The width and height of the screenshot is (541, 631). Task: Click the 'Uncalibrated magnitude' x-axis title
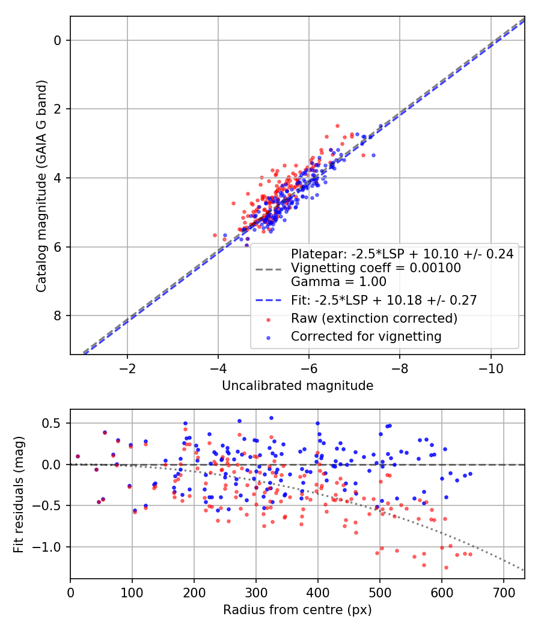(298, 386)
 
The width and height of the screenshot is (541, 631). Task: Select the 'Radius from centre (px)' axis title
(298, 610)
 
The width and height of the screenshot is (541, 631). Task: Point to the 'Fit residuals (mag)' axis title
(19, 494)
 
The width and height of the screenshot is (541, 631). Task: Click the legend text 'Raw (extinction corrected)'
(374, 318)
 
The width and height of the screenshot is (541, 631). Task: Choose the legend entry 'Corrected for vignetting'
(366, 337)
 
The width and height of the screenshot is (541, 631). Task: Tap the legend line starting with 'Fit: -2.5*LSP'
(384, 300)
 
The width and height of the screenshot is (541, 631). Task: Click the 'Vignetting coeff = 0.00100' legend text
(376, 268)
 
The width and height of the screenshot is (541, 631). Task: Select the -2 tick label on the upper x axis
(127, 368)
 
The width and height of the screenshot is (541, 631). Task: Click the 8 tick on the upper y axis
(57, 316)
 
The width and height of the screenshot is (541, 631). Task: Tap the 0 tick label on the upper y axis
(57, 40)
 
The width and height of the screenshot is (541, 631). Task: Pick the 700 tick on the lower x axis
(503, 592)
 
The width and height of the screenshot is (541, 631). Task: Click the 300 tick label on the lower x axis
(256, 592)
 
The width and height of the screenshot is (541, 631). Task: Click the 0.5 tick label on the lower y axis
(53, 423)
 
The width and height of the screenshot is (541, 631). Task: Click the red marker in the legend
(268, 319)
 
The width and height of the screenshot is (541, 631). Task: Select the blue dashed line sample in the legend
(268, 300)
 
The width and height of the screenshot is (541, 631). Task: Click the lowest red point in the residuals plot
(446, 567)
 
